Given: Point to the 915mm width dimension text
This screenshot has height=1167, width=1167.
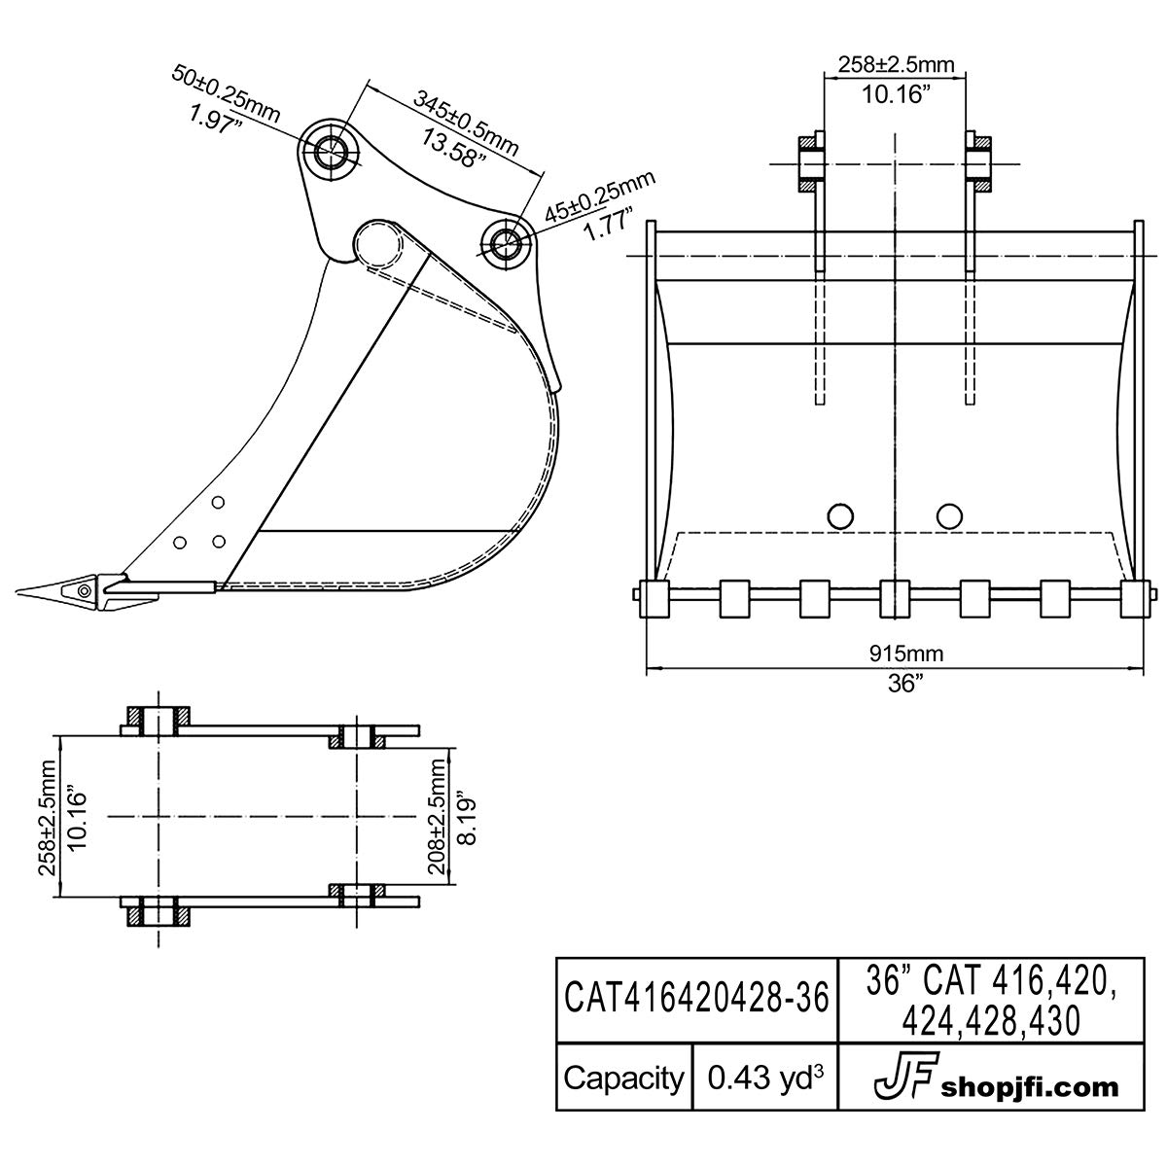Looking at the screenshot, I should point(905,654).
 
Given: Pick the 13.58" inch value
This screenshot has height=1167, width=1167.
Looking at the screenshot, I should point(448,146).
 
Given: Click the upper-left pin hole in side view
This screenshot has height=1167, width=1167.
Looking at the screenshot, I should point(329,150).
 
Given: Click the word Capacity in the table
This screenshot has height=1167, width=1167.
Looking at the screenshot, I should point(624,1078).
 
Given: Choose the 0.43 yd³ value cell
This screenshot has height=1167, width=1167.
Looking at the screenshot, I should point(765,1078).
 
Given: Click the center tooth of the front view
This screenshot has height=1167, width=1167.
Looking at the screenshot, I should point(894,598).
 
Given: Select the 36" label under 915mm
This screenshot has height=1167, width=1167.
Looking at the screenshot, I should point(905,683).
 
